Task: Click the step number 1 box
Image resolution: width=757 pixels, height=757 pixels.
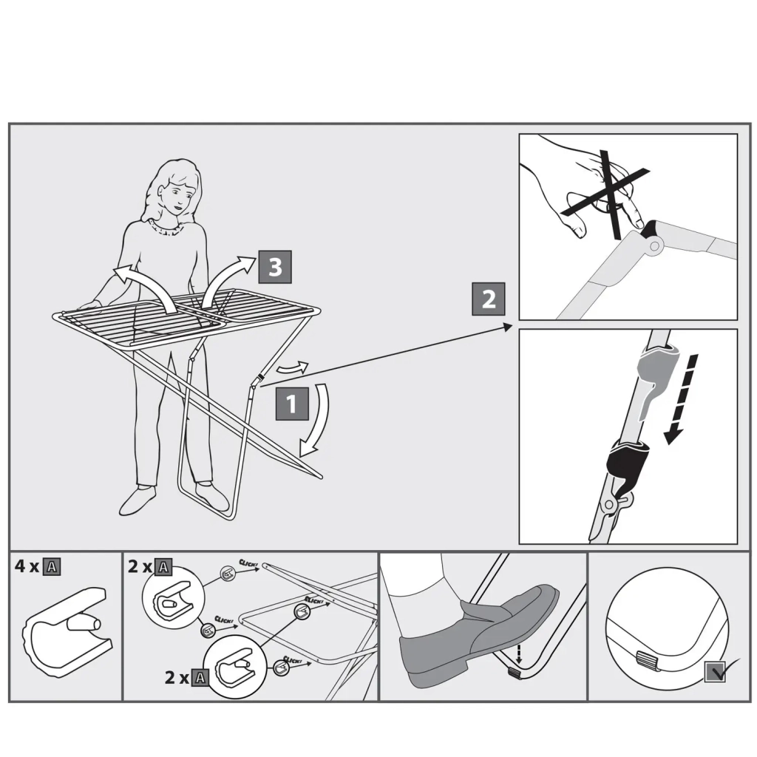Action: (x=291, y=404)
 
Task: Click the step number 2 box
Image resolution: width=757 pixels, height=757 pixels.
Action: (x=489, y=299)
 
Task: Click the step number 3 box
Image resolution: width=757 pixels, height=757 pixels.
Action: (x=274, y=267)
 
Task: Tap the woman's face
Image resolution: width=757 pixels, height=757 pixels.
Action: (x=174, y=196)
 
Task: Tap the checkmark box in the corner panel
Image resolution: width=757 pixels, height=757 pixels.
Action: (x=715, y=671)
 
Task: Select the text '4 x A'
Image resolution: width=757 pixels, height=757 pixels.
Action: (x=37, y=567)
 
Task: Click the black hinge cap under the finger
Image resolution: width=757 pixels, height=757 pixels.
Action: (x=652, y=229)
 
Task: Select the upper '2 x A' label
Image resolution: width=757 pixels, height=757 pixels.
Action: (x=150, y=567)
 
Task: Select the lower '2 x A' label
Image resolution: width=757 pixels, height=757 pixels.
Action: (x=186, y=677)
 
